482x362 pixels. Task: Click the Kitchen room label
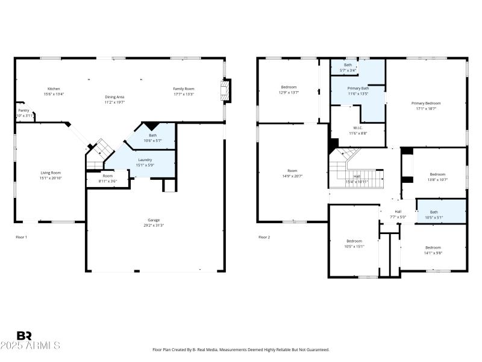[x=54, y=89]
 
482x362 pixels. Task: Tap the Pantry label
[x=23, y=110]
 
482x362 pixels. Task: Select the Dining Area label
[x=114, y=97]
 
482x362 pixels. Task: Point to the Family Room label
[x=184, y=89]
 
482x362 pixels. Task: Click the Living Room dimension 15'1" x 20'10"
[x=51, y=178]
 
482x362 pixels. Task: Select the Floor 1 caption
[x=22, y=237]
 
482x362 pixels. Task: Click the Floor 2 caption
[x=264, y=237]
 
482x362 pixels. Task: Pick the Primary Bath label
[x=357, y=88]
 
